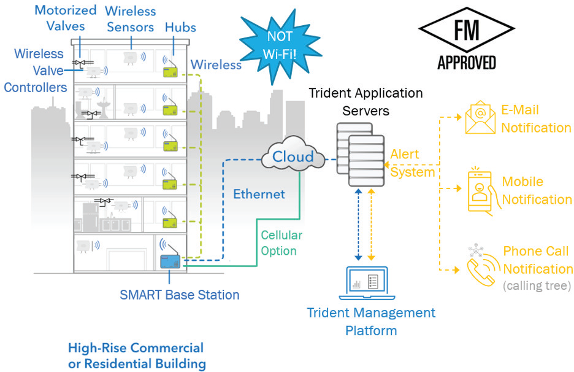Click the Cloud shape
pos(293,156)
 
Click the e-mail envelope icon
pos(480,118)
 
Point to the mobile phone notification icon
pos(480,191)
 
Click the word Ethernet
pos(259,195)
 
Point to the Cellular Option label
pos(281,243)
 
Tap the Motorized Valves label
pos(66,18)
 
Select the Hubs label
pos(180,27)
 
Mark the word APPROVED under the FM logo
pos(467,62)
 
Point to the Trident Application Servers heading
pos(365,102)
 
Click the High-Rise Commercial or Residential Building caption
pos(136,355)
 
